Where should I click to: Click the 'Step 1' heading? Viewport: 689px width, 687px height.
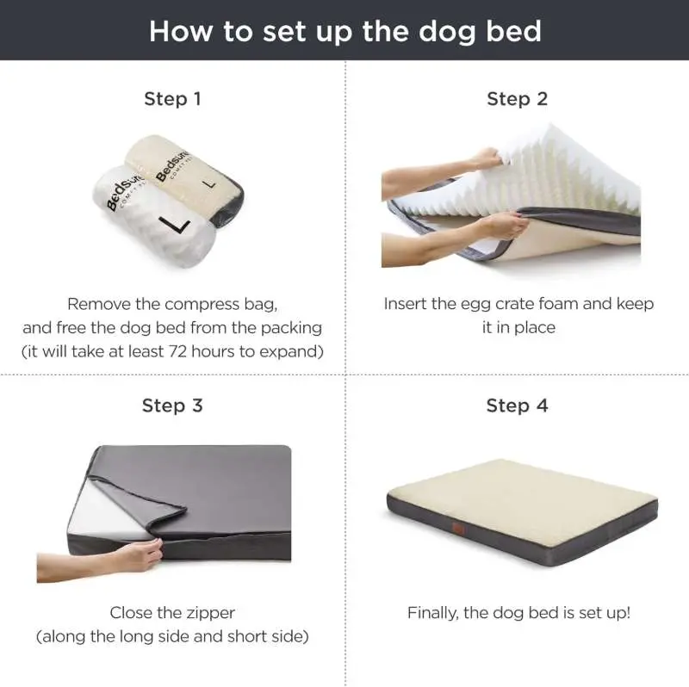point(172,99)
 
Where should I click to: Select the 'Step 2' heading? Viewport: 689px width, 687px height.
point(517,99)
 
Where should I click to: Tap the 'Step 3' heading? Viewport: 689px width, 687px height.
point(172,405)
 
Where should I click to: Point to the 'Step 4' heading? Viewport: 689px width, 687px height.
point(517,405)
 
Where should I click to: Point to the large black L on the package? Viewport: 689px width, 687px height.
point(179,225)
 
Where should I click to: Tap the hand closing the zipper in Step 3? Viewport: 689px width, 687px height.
point(138,555)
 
